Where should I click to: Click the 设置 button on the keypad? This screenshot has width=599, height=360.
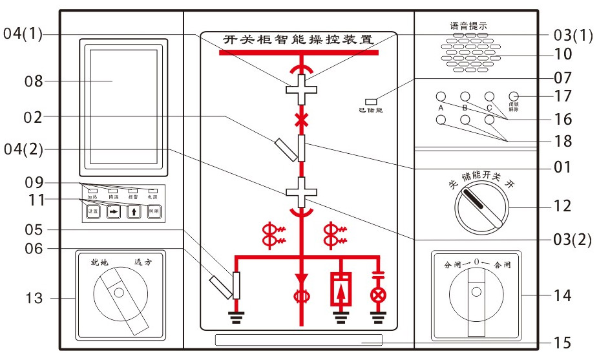coord(93,211)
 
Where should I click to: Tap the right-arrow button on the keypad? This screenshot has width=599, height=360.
coord(114,211)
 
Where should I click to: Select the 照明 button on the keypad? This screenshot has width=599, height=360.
coord(153,211)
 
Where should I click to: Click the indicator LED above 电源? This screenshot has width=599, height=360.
coord(152,191)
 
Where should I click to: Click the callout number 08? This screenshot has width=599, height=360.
coord(32,81)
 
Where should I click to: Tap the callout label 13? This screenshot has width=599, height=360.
coord(34,298)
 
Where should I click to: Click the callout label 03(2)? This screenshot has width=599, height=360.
coord(573,239)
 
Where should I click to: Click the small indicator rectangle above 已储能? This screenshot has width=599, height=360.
coord(371,101)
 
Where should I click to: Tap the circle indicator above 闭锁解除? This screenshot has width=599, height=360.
coord(514,96)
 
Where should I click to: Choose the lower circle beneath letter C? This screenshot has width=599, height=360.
coord(489,120)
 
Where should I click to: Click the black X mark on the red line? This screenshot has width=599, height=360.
coord(299,119)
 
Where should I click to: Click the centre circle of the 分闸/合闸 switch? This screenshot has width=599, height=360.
coord(476,291)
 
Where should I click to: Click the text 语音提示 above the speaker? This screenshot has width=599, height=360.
coord(469,26)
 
